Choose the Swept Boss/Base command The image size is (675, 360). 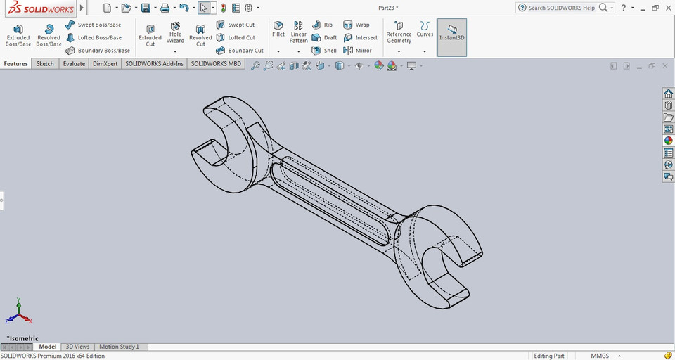pos(94,25)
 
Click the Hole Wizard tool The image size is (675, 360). pos(175,33)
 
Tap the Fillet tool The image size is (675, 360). pos(278,29)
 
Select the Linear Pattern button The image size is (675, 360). pos(299,32)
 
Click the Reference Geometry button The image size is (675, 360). pos(399,33)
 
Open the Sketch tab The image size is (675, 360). pos(45,64)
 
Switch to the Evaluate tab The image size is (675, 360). pos(74,64)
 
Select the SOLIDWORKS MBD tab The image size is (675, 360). pos(216,64)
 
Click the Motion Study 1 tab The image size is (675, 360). pos(119,347)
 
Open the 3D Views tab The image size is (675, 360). pos(77,347)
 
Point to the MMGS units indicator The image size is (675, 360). pos(599,356)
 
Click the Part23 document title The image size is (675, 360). pos(387,8)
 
